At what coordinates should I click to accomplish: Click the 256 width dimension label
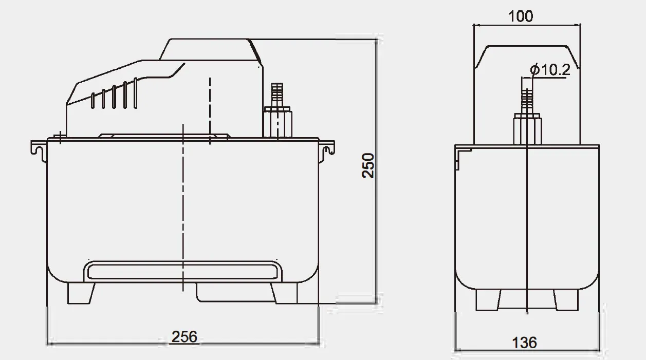point(184,337)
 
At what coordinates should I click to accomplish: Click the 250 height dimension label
point(368,165)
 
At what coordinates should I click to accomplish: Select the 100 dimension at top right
point(521,16)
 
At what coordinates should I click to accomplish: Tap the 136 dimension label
point(524,342)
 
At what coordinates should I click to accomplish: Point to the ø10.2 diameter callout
point(549,70)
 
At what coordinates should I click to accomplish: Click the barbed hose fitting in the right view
point(527,100)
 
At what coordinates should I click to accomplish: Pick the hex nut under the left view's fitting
point(278,122)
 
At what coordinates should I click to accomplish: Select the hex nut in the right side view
point(527,128)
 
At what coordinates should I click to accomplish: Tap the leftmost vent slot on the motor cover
point(93,101)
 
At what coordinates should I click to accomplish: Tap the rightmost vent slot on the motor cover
point(135,92)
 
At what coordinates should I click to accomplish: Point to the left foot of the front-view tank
point(81,293)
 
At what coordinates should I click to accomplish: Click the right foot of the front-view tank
point(284,293)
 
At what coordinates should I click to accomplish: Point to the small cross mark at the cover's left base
point(60,137)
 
